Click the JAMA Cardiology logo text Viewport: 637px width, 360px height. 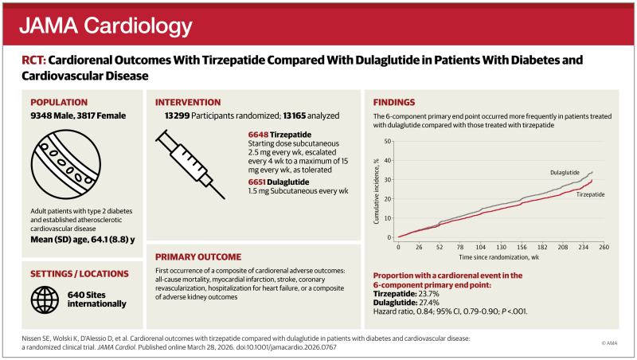coord(106,26)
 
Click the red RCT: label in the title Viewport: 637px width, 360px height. coord(33,61)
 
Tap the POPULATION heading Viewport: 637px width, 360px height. coord(59,103)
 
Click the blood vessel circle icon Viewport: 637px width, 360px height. coord(66,164)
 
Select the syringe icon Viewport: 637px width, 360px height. coord(190,164)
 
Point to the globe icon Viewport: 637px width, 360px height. coord(45,299)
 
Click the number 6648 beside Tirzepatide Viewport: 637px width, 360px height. coord(258,135)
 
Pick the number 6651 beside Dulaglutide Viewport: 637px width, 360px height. coord(256,182)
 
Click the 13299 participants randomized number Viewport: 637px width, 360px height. coord(177,115)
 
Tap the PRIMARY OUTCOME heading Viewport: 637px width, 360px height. coord(198,256)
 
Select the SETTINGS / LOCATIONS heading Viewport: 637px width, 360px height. coord(79,274)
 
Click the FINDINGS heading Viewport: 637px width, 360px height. coord(394,103)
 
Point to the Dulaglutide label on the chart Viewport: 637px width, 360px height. coord(565,172)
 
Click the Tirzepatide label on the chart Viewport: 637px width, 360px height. coord(590,194)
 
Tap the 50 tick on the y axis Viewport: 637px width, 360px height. coord(388,142)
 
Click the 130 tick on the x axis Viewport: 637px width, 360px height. coord(502,247)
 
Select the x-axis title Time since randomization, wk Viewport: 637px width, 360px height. coord(499,257)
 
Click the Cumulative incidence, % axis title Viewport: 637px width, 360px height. coord(376,190)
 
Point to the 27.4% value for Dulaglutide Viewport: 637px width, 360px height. coord(429,303)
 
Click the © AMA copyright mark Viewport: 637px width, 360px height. coord(609,343)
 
